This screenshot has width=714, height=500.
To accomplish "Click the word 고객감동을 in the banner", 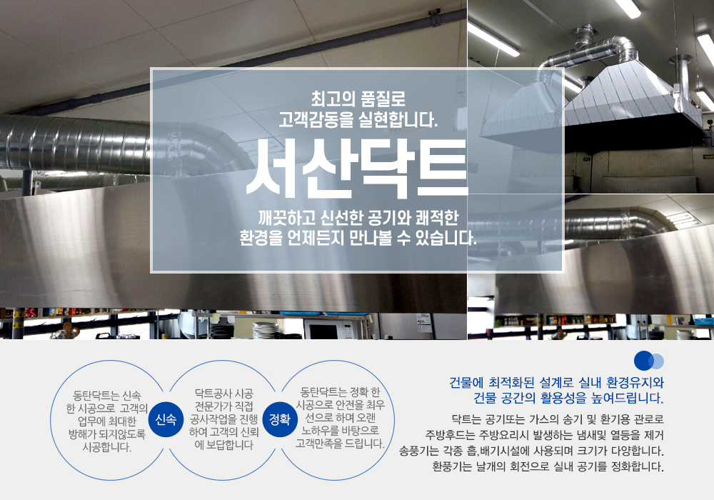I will pos(308,119).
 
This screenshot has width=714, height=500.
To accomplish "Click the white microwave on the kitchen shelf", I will pos(328,329).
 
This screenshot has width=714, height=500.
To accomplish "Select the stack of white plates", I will pos(265,330).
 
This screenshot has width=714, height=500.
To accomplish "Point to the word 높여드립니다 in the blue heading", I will pos(625,398).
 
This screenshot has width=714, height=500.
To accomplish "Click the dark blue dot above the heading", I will pos(643,361).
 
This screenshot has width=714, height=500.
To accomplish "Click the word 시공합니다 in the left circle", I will pos(107,448).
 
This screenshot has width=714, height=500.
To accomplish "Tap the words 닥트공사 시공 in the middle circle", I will pos(224,393).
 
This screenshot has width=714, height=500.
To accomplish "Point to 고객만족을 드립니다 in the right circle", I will pos(340,444).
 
